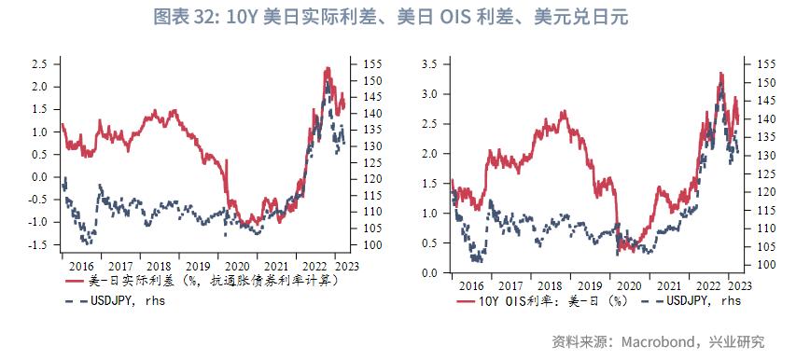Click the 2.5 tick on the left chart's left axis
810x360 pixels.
tap(40, 63)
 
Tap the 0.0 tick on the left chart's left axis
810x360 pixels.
tap(40, 177)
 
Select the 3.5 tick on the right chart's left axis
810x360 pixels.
tap(431, 63)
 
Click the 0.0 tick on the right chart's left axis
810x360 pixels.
tap(431, 272)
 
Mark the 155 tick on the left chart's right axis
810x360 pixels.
tap(363, 63)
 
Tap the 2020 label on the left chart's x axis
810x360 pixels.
tap(236, 265)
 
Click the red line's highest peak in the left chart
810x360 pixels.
tap(327, 68)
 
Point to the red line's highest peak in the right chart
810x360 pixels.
tap(720, 73)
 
